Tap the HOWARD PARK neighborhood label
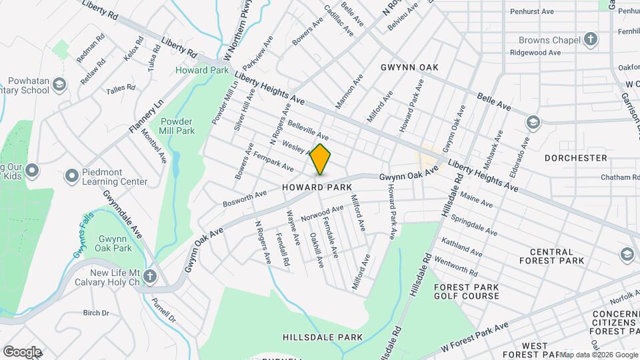tap(316, 188)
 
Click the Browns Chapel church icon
tap(590, 39)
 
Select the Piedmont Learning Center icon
tap(72, 176)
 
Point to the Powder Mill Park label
tap(177, 127)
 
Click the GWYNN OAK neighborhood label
tap(409, 67)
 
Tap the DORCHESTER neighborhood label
tap(575, 158)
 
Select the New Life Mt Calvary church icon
tap(151, 276)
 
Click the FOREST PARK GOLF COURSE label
tap(466, 293)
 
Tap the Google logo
tap(21, 351)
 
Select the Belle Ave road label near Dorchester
tap(494, 101)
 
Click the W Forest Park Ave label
tap(474, 337)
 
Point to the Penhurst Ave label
tap(531, 11)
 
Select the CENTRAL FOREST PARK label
tap(557, 256)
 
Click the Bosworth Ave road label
tap(245, 198)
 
